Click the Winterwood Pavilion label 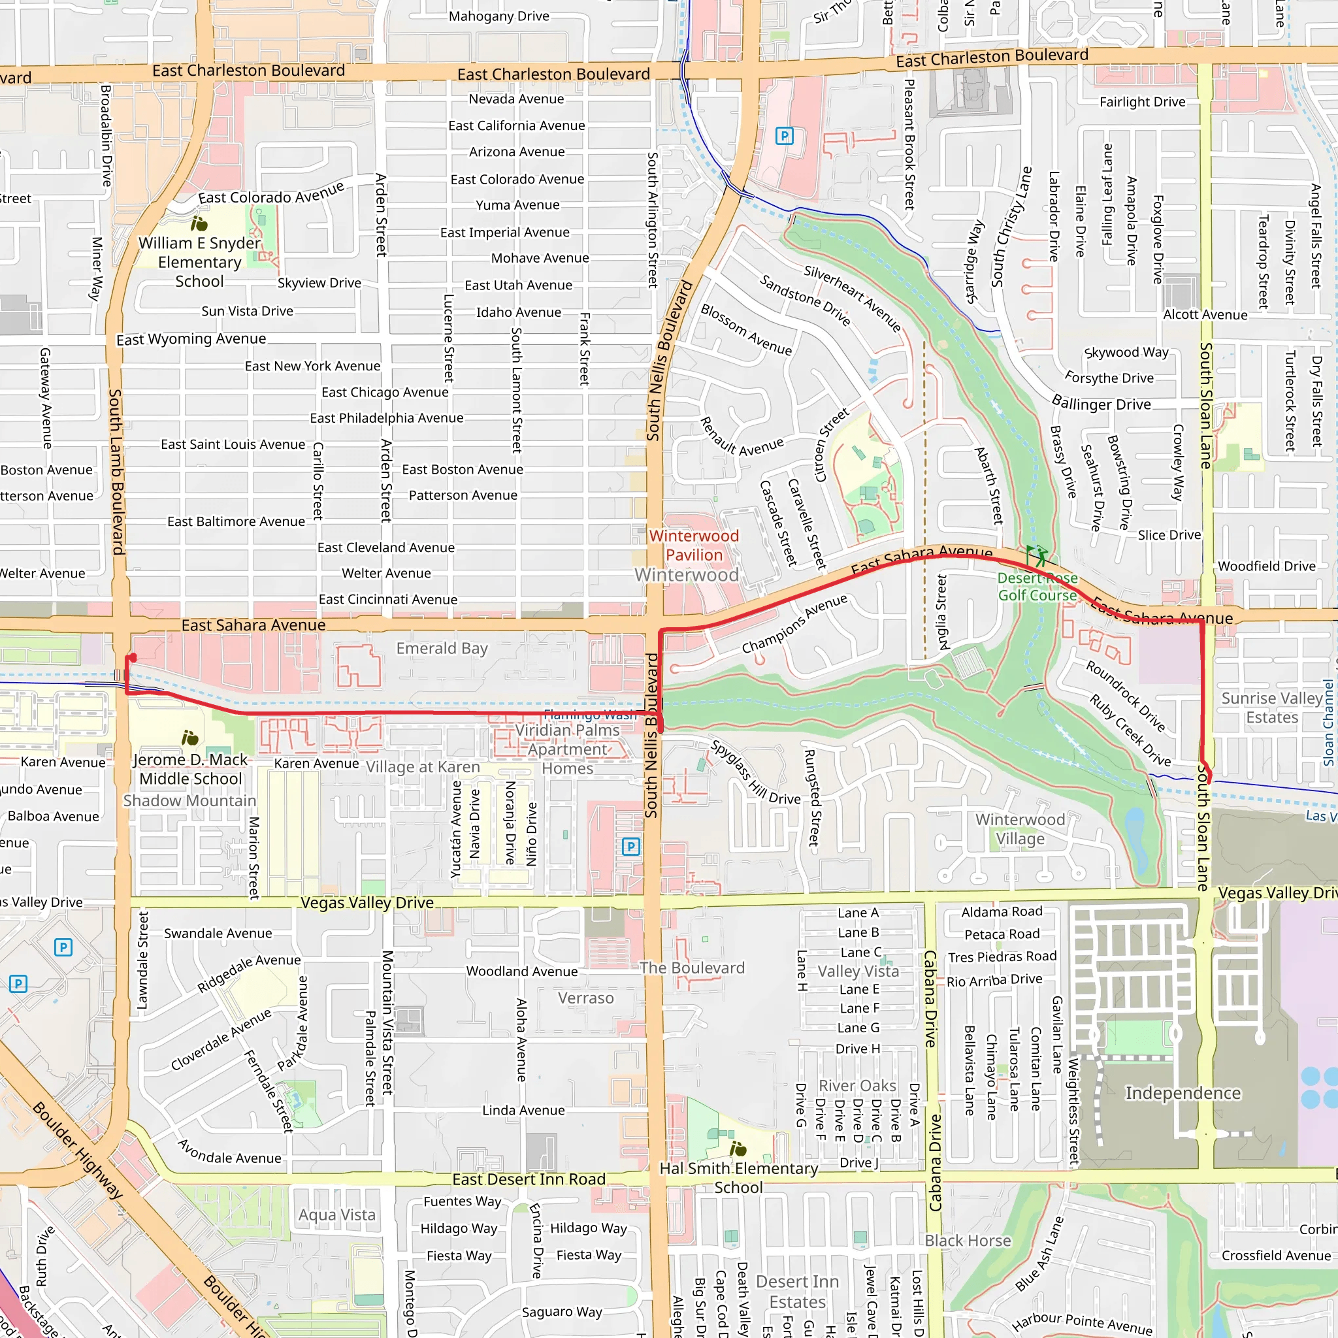coord(694,545)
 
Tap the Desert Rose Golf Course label coord(1037,587)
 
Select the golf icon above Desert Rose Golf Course coord(1037,555)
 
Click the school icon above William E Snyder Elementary coord(199,223)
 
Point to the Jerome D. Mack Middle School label coord(191,769)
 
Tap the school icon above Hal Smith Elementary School coord(738,1150)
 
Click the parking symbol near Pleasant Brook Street coord(784,136)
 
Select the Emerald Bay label coord(442,648)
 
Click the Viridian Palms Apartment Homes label coord(567,749)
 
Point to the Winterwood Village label coord(1020,829)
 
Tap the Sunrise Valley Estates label coord(1271,708)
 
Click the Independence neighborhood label coord(1183,1093)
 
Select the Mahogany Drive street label coord(498,16)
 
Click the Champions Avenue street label coord(794,624)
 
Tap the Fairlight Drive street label coord(1142,102)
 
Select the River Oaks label coord(857,1085)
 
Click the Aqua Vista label coord(337,1215)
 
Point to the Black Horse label coord(968,1241)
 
